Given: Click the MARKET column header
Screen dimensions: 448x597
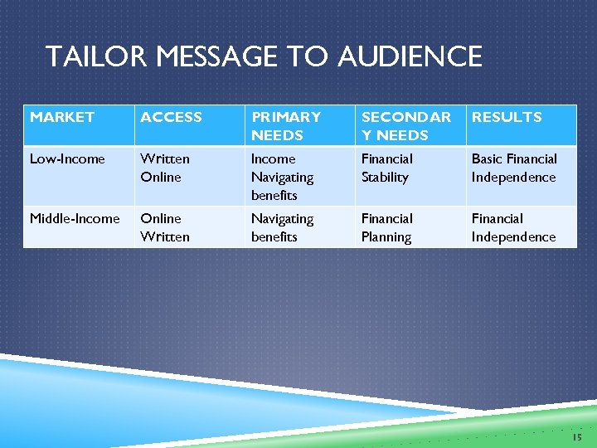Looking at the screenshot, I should pos(62,118).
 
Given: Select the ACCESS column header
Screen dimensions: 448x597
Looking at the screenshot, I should pos(171,118).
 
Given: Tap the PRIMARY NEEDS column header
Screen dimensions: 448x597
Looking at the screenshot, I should pos(286,126).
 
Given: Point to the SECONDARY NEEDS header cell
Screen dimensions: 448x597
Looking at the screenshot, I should pos(406,126).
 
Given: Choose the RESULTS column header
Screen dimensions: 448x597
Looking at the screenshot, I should pos(507,118).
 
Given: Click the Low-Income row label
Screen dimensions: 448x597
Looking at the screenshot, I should pos(67,158).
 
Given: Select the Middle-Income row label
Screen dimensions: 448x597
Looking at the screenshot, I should pos(75,218).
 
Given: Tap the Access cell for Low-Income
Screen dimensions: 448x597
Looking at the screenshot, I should pos(165,168).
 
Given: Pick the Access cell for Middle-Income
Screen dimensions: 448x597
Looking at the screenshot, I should pos(165,227).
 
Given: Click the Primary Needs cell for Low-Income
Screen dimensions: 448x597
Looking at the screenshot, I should pos(282,177).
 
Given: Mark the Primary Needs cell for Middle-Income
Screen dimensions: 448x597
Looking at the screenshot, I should pos(282,227).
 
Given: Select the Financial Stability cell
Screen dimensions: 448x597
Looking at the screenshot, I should pos(386,168).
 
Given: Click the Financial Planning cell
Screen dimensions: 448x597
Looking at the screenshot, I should pos(386,227).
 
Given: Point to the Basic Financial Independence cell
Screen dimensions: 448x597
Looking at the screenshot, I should pos(514,168).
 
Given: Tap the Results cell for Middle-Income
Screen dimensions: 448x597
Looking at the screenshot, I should pos(513,227).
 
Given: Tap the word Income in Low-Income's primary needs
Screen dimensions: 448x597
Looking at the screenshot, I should pos(273,158).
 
